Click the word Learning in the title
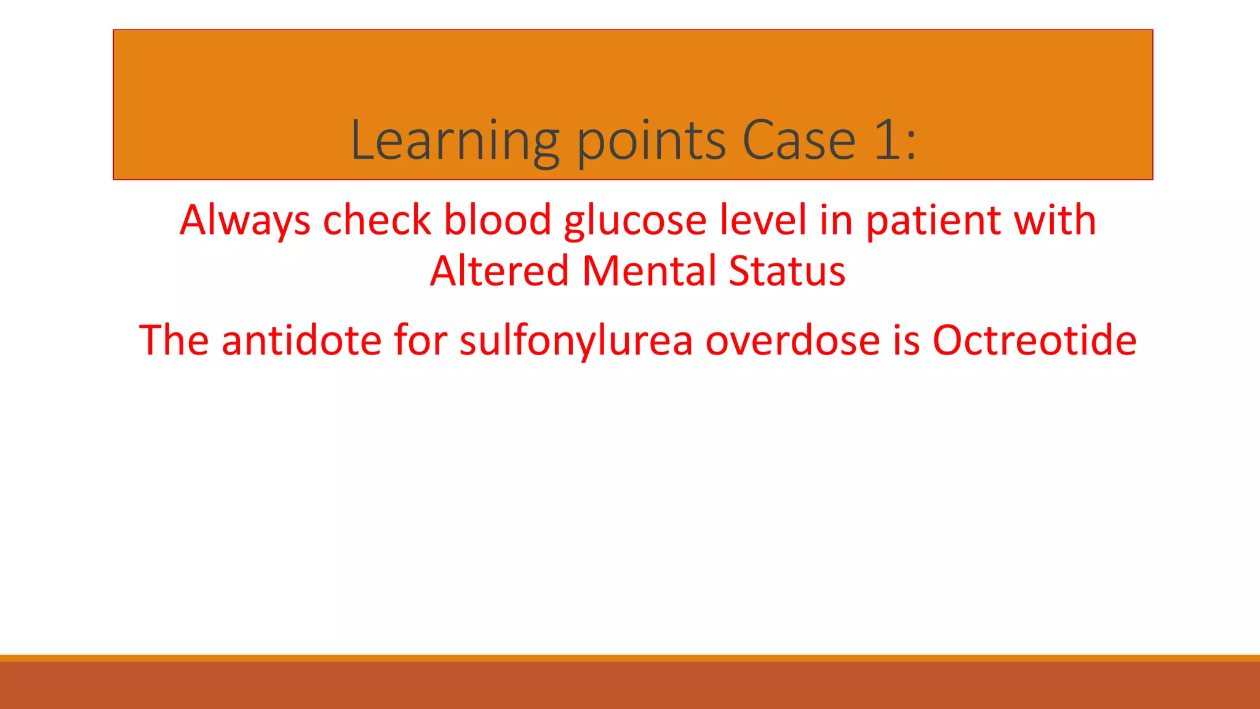(455, 142)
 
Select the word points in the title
(652, 142)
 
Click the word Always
(245, 220)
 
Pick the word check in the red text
(377, 220)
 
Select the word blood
(497, 220)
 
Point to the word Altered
(499, 271)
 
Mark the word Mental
(649, 271)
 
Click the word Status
(787, 271)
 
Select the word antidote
(301, 340)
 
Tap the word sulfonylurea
(576, 341)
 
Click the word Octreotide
(1034, 340)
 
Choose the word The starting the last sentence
(174, 340)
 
